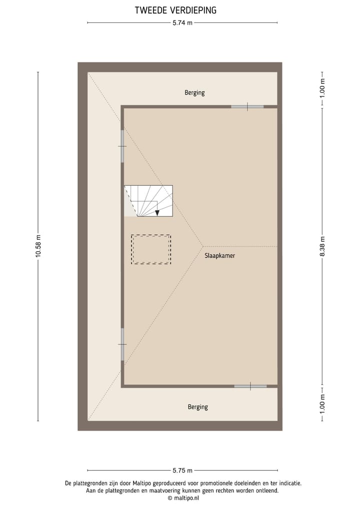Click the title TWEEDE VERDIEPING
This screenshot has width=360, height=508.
(175, 10)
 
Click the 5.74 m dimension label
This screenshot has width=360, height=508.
(182, 22)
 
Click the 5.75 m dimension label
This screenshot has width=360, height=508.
(182, 470)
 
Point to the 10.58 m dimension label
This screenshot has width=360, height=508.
(38, 246)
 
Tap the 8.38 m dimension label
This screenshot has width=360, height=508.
(322, 246)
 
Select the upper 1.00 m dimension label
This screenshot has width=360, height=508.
(322, 88)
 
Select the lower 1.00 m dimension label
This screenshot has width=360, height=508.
(322, 404)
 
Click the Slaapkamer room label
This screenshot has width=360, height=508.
(219, 255)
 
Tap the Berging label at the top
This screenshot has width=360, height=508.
(194, 92)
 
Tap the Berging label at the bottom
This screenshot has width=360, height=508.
(197, 407)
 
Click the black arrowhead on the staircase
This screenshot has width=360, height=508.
(157, 213)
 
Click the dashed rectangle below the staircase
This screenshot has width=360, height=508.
(151, 249)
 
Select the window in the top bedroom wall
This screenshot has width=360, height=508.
(247, 106)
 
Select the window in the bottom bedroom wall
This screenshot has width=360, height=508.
(250, 386)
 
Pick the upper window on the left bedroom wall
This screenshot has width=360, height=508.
(122, 146)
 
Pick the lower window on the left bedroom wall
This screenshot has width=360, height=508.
(122, 344)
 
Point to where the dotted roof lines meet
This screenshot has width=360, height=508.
(202, 246)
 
